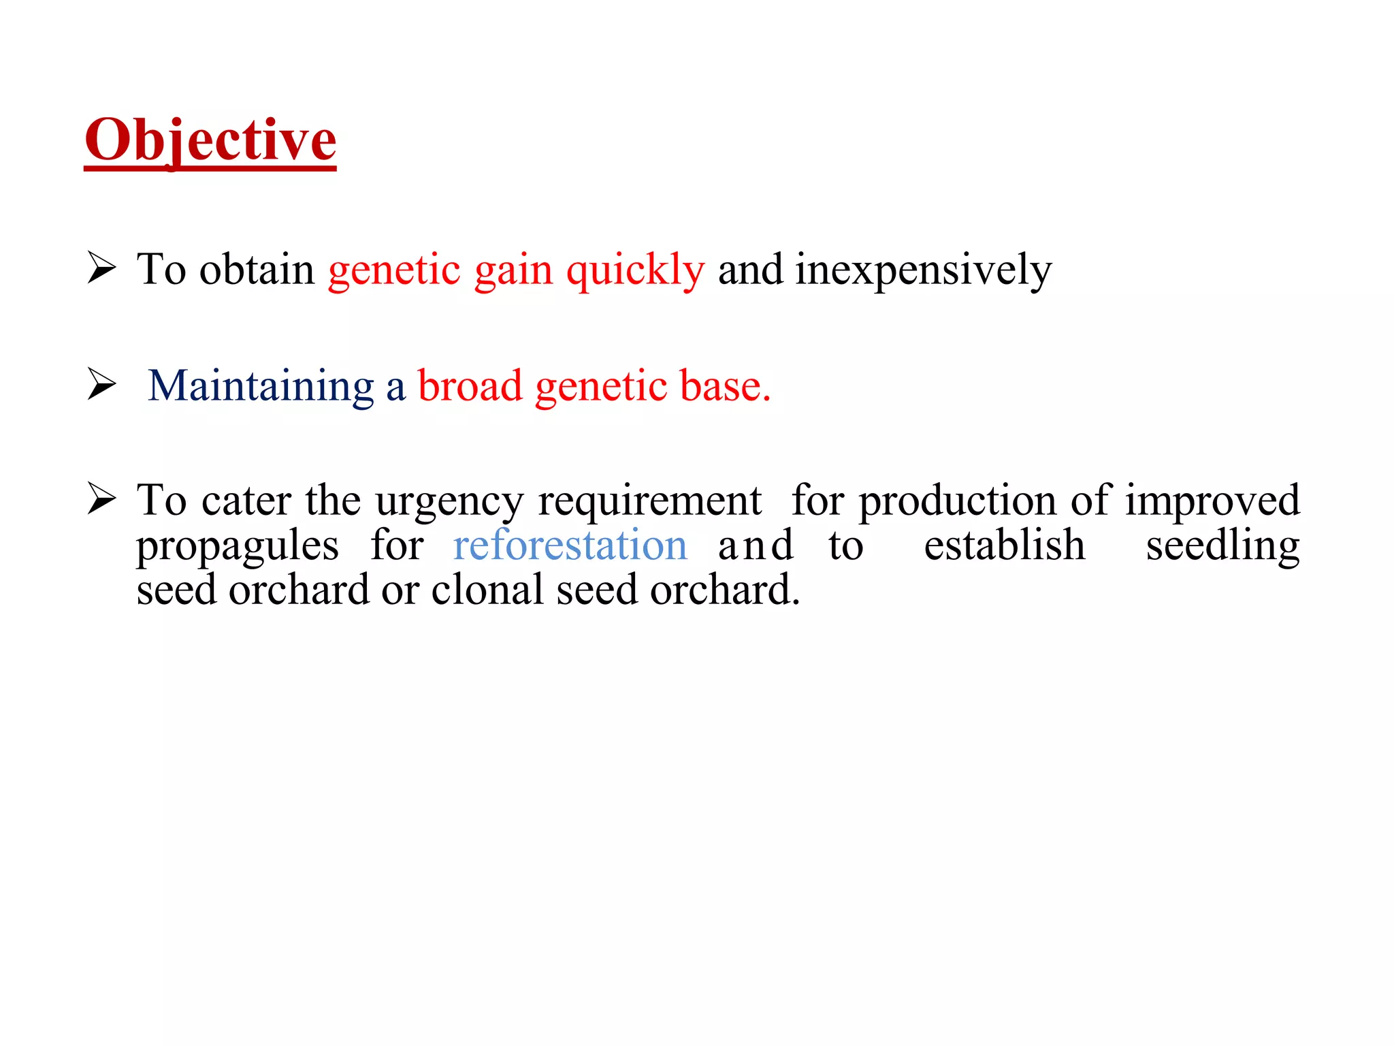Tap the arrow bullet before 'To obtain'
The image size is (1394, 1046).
point(102,268)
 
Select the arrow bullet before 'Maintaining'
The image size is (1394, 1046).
point(102,384)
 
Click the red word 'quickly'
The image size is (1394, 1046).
point(635,270)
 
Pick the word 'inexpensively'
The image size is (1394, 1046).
point(923,270)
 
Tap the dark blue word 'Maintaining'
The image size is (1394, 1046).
point(261,386)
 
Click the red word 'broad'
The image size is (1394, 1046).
point(470,386)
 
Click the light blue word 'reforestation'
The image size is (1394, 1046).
point(570,545)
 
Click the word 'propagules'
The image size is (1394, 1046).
point(237,547)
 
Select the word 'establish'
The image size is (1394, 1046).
point(1004,545)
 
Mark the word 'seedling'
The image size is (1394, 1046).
point(1222,547)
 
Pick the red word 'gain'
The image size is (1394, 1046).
point(513,270)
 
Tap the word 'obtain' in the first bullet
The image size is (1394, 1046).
point(256,269)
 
